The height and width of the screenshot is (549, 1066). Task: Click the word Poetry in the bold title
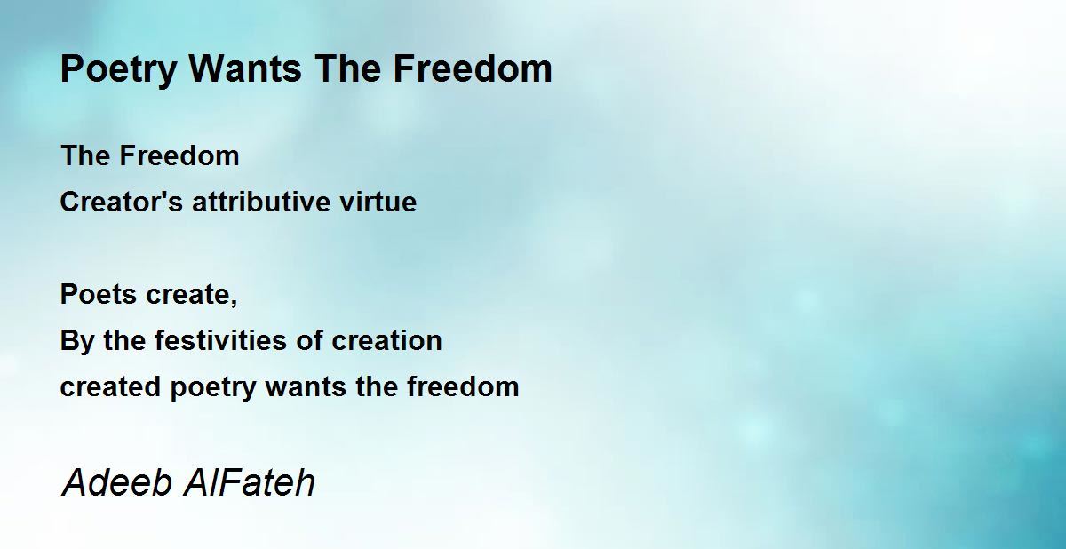coord(118,70)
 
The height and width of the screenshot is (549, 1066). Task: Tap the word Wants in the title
coord(245,68)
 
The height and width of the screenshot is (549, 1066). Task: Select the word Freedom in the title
coord(473,68)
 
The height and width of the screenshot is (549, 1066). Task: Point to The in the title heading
coord(348,68)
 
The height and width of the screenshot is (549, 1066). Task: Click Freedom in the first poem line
coord(179,155)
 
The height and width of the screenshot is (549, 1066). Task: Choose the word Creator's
coord(122,202)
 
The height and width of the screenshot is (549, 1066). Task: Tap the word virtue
coord(378,203)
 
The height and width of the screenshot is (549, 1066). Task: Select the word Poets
coord(99,294)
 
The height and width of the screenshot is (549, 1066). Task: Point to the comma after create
coord(233,302)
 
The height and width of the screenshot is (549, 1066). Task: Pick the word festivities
coord(221,340)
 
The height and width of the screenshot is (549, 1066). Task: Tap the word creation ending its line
coord(386,341)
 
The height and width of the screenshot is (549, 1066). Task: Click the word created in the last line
coord(110,386)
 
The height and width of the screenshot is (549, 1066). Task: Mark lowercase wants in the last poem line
coord(306,387)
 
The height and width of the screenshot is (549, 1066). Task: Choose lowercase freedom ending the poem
coord(463,386)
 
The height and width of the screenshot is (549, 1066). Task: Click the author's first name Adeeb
coord(116,483)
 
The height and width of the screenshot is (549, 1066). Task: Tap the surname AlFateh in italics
coord(249,483)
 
